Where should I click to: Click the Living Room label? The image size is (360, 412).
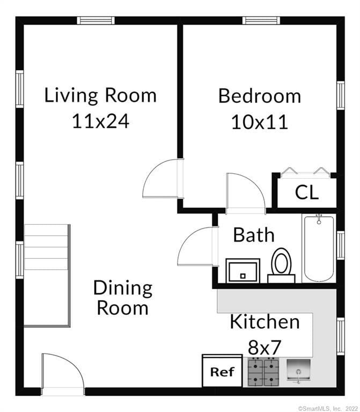[100, 96]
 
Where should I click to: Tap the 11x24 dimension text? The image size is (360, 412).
[101, 121]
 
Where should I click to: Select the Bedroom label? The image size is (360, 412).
[260, 96]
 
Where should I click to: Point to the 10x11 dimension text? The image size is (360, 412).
[260, 122]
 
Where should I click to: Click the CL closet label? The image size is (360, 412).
[307, 193]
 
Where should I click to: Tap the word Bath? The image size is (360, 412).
[254, 234]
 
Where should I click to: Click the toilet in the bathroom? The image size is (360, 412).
[282, 266]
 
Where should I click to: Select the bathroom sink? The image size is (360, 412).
[243, 270]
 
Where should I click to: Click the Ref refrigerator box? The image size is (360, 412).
[222, 371]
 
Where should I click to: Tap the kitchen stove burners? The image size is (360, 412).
[263, 372]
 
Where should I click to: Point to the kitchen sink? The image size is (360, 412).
[298, 371]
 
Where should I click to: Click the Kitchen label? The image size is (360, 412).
[265, 322]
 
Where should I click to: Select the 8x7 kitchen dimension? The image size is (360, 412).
[265, 347]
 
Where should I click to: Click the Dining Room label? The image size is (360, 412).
[123, 297]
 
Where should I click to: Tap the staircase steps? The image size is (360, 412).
[46, 247]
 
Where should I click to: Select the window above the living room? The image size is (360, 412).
[96, 20]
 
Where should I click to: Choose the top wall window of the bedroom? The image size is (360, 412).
[261, 20]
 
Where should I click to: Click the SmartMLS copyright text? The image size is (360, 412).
[328, 409]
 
